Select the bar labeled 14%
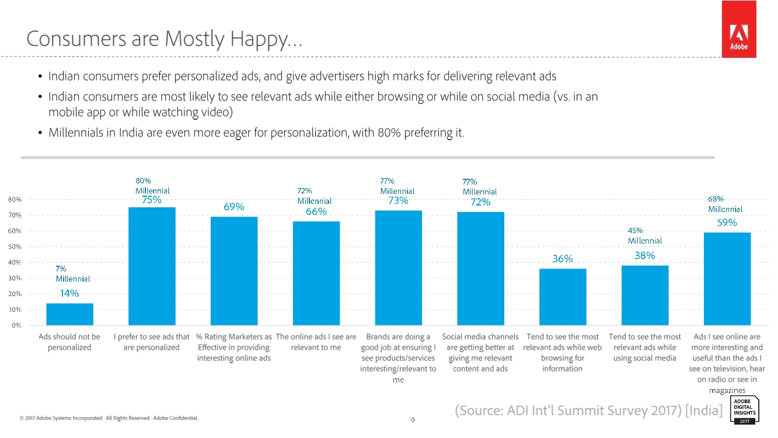click(69, 314)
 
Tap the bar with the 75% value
click(152, 266)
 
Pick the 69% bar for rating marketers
click(234, 270)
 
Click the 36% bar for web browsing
click(563, 297)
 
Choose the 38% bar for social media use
click(645, 295)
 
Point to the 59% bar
click(727, 279)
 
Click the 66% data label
click(316, 212)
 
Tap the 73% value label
click(397, 201)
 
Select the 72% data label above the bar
click(480, 203)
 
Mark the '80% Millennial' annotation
click(152, 186)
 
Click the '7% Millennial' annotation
click(72, 274)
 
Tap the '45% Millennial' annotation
click(644, 235)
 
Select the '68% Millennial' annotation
click(725, 204)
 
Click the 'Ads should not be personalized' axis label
click(69, 342)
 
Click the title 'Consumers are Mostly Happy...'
click(164, 39)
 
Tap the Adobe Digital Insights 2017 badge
click(744, 410)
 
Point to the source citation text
click(588, 411)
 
